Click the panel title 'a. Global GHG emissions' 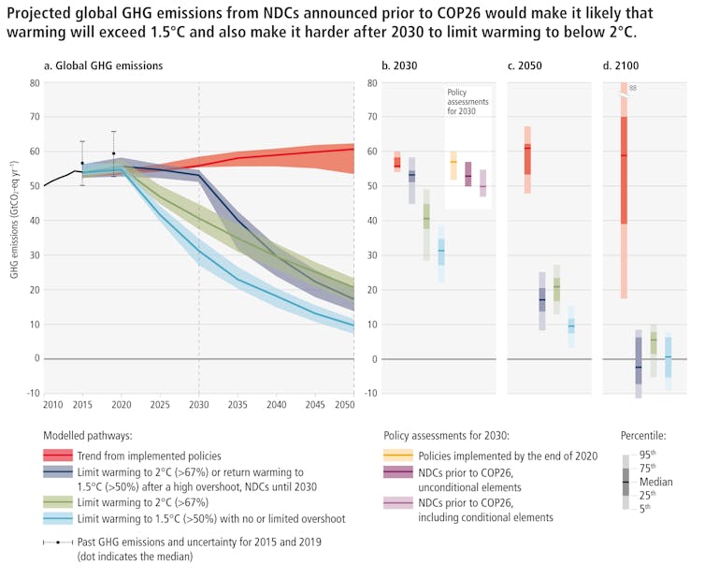[x=104, y=66]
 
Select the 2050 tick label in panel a [x=343, y=404]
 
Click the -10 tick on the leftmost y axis [x=32, y=393]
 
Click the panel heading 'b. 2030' [x=398, y=66]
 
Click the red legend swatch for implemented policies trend [x=58, y=456]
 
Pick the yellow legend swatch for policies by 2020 [x=399, y=456]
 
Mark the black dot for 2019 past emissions [x=114, y=153]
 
